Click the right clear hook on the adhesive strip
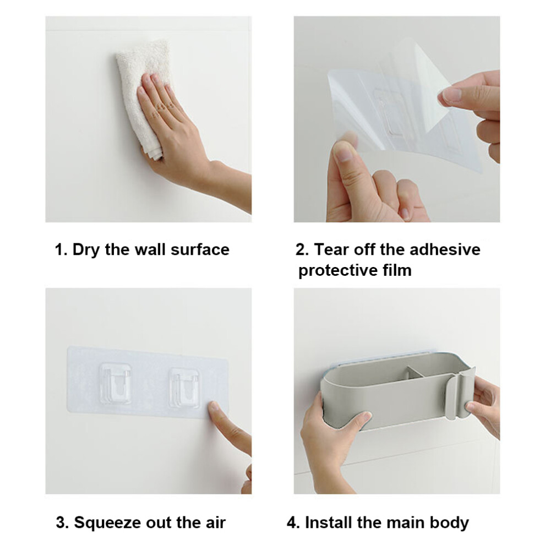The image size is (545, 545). (x=184, y=388)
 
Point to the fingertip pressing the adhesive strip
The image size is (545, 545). (x=214, y=407)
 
